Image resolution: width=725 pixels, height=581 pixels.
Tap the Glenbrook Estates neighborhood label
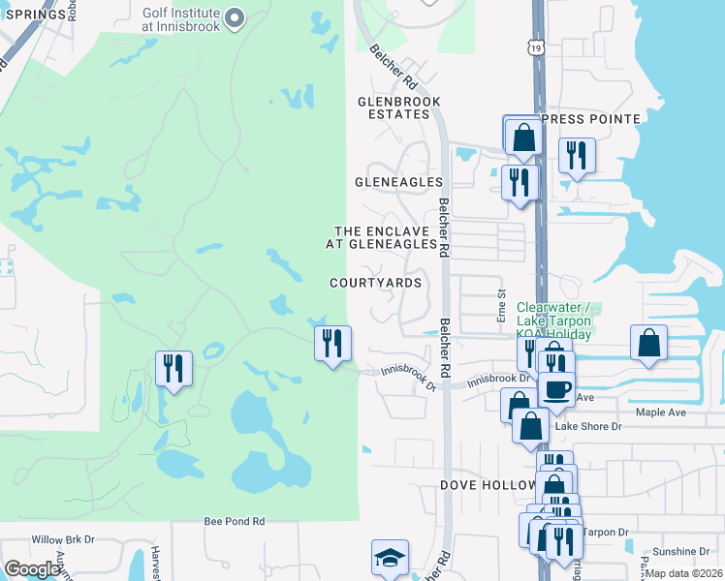click(x=398, y=107)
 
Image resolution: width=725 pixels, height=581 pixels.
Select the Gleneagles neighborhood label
click(x=398, y=182)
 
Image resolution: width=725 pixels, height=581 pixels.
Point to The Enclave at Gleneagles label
click(x=386, y=238)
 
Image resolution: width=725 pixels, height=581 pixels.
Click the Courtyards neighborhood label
click(x=375, y=283)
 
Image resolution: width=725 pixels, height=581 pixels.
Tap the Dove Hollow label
click(x=488, y=484)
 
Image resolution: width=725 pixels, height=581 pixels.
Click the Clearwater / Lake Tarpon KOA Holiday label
click(x=554, y=321)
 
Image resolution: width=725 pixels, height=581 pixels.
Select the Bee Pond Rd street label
click(x=235, y=521)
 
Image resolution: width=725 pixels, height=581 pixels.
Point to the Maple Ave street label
click(x=660, y=413)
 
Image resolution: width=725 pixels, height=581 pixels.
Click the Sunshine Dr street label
click(x=678, y=550)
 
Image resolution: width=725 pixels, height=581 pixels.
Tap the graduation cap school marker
click(x=390, y=557)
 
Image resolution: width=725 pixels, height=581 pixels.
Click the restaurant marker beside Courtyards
click(x=332, y=343)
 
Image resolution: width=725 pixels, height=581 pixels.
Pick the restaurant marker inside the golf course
click(x=174, y=368)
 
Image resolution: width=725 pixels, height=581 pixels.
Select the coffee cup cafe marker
click(x=555, y=389)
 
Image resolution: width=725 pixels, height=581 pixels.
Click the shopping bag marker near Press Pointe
click(x=523, y=137)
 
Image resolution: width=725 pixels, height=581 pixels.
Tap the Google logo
click(x=33, y=569)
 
